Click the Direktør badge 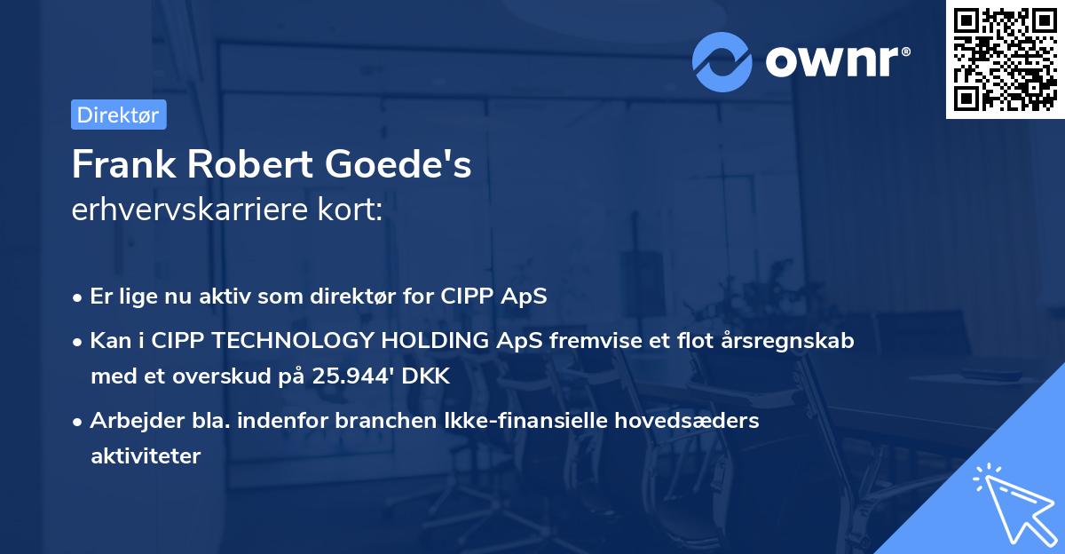[118, 115]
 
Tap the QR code [1004, 59]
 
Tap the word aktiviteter [146, 456]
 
